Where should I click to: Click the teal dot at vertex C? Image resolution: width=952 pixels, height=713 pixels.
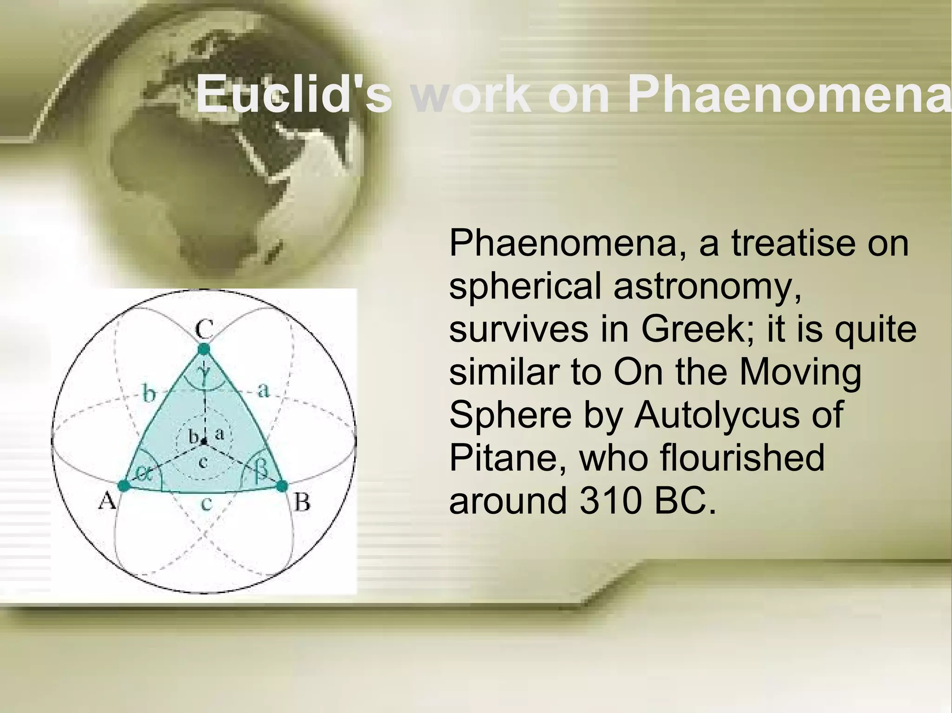204,349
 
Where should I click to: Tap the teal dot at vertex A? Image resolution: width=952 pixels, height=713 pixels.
124,486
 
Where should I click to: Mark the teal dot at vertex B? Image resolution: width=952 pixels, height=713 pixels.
282,486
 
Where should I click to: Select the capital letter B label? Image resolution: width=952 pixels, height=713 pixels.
303,502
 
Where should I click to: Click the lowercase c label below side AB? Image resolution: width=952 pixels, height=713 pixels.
206,503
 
